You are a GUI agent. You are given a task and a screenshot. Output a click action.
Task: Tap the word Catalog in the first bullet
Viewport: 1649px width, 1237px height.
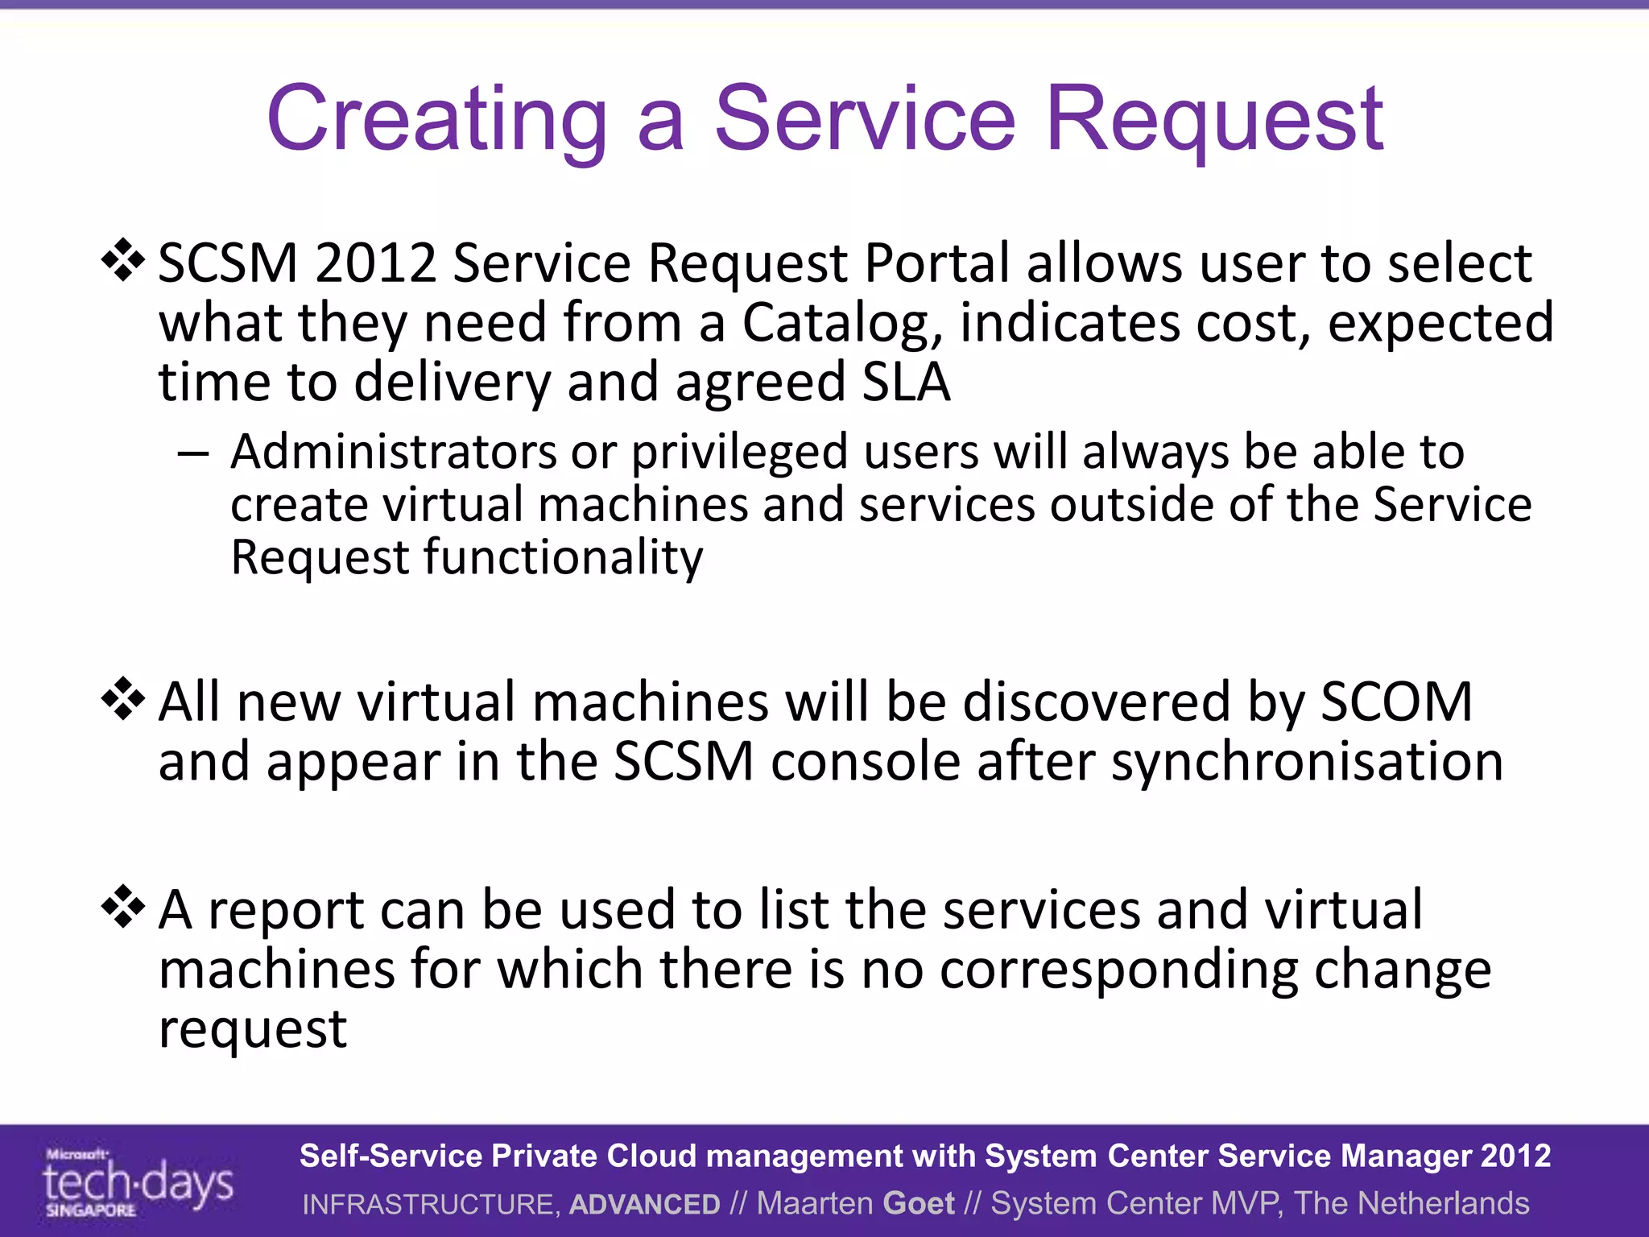pos(841,324)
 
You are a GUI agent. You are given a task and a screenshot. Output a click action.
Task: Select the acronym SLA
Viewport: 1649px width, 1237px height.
pos(906,382)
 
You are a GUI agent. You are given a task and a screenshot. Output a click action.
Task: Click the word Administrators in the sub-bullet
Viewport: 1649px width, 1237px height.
pos(393,452)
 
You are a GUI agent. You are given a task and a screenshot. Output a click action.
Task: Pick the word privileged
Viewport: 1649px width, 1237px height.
pos(739,453)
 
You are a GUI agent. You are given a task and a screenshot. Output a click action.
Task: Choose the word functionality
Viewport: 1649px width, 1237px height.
pos(563,557)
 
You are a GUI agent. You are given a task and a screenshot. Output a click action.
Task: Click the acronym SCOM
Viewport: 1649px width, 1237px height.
pos(1397,701)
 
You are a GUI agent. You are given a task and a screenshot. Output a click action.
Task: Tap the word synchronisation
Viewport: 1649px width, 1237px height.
pos(1307,762)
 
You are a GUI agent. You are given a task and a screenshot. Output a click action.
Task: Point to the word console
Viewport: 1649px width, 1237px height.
pos(866,762)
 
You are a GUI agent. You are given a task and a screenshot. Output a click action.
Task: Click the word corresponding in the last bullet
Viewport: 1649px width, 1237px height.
pos(1118,970)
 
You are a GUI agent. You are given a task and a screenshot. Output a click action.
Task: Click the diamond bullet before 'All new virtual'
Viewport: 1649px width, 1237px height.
pos(123,698)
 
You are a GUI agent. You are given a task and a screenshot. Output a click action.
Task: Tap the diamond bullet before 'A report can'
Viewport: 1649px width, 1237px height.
pos(123,906)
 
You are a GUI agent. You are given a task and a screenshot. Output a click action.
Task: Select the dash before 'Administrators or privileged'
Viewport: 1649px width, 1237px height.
pos(193,453)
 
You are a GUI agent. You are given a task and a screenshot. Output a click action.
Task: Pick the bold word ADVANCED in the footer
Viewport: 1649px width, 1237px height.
pos(644,1204)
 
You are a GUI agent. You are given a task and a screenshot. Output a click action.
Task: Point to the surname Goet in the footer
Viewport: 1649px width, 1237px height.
pos(919,1203)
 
